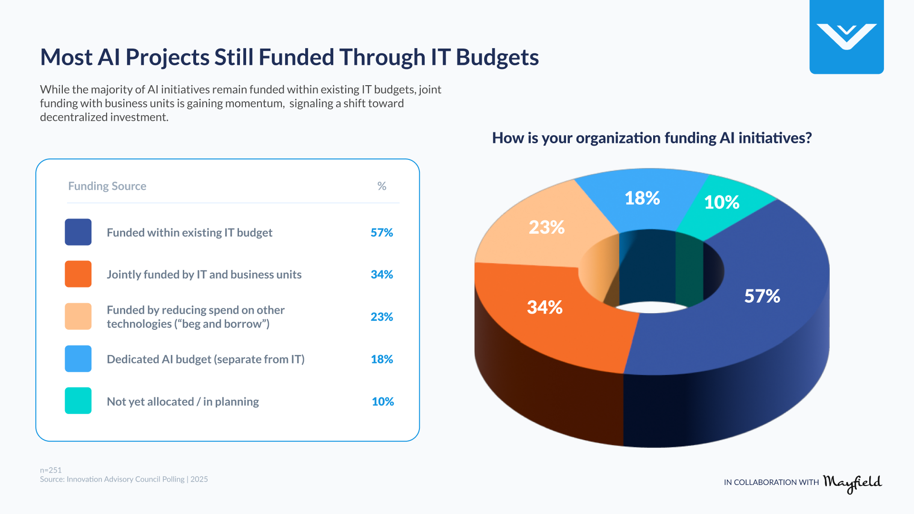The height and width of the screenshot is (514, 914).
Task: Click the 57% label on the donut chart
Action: point(762,296)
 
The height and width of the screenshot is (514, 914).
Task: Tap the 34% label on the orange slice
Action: point(545,307)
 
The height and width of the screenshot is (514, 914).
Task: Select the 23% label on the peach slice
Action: point(546,227)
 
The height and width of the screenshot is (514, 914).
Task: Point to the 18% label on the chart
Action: point(642,198)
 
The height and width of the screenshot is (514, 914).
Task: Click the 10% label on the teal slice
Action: point(722,202)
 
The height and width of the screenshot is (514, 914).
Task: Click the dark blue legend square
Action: point(78,232)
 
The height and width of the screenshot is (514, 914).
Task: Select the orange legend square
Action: point(78,274)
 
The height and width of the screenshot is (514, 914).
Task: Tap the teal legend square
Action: point(78,401)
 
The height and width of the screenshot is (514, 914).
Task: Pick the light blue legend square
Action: point(78,359)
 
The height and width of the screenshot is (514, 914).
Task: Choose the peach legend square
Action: point(78,316)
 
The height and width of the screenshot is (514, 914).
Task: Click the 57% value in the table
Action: point(382,233)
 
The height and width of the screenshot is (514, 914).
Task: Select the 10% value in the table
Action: point(383,402)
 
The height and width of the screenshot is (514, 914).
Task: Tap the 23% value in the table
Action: point(382,317)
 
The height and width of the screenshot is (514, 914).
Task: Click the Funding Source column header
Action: point(107,186)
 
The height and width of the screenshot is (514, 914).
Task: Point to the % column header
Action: point(382,186)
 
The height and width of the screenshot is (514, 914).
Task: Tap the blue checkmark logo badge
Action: point(846,37)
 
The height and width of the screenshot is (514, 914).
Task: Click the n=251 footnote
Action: point(51,470)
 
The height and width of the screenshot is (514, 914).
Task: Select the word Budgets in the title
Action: point(497,58)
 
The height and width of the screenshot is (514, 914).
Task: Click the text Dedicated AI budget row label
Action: point(205,359)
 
